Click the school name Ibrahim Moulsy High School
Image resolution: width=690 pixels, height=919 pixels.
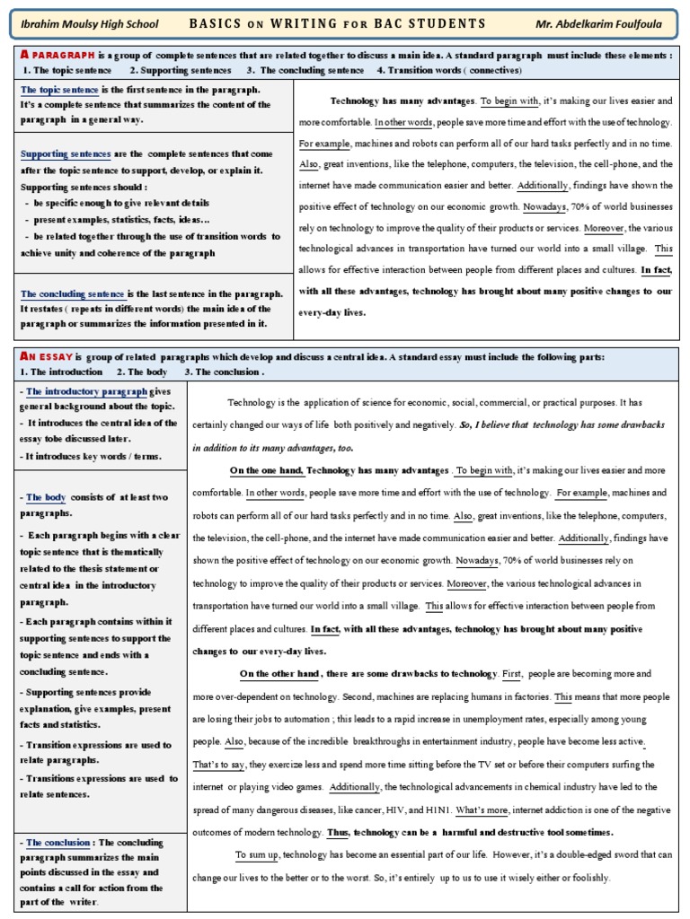90,24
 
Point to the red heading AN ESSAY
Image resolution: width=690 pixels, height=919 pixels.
45,356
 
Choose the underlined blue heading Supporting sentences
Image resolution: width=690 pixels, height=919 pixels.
66,154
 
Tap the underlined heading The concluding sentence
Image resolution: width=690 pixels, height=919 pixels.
72,293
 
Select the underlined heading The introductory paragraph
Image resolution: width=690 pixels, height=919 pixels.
86,391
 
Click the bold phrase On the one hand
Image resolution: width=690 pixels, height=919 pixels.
267,470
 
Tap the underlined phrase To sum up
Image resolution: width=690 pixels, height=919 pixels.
258,854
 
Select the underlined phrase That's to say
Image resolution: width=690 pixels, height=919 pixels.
217,765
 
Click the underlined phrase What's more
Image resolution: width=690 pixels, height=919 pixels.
482,810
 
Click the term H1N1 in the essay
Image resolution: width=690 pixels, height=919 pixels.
434,810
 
